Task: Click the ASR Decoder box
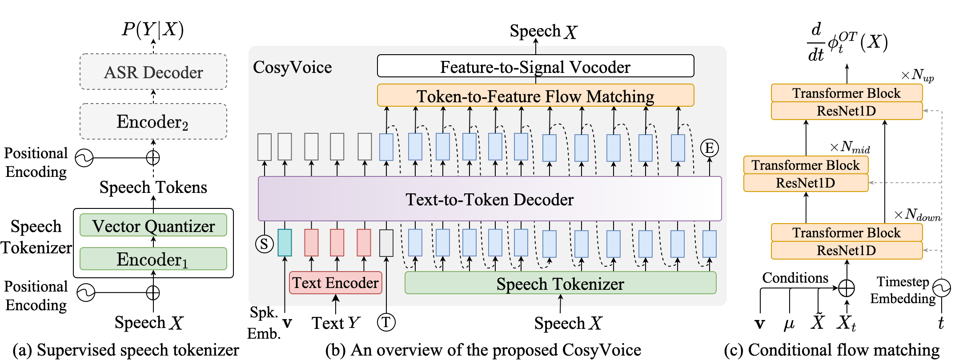153,72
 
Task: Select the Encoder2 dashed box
153,121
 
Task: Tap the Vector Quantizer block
153,226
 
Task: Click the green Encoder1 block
153,259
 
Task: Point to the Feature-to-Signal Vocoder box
535,66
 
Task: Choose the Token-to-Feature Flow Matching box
535,96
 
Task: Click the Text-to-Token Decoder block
490,199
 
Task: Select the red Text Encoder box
335,283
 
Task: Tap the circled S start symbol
264,244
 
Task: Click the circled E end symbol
710,148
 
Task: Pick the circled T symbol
386,322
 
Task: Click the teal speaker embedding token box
285,243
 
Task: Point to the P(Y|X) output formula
152,29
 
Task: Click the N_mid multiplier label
850,147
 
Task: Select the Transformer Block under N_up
847,93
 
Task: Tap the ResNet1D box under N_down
847,251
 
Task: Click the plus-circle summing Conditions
847,288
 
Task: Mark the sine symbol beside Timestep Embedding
941,288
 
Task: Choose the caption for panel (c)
831,350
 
